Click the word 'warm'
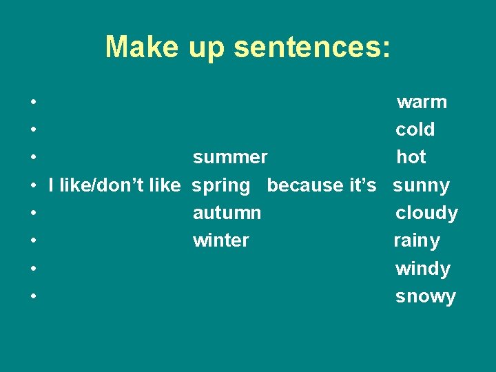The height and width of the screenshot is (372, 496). pos(422,103)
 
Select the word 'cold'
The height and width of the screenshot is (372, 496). pos(415,130)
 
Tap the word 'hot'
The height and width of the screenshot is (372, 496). pos(411,158)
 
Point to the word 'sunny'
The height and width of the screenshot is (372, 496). pos(421,186)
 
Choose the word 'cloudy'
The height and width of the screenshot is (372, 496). pos(426,214)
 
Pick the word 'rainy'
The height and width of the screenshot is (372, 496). pos(416,241)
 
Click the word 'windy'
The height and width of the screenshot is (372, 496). pos(422,269)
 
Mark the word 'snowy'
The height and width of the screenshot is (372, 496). pos(425,297)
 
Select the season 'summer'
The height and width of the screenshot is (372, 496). pos(230,158)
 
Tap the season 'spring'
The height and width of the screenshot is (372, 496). pos(221,186)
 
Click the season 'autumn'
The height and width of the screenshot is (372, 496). pos(227,214)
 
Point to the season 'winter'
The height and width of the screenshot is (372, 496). pos(220,241)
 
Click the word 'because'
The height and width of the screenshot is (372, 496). pos(301,185)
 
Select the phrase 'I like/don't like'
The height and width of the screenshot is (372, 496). pos(114,185)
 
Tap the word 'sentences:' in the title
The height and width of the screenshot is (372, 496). pos(312,47)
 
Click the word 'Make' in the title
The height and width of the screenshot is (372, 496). pos(141,47)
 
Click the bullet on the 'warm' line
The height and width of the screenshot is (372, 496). pos(33,103)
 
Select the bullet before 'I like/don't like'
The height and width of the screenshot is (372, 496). pos(33,186)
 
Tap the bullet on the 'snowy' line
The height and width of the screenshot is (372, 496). pos(33,297)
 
